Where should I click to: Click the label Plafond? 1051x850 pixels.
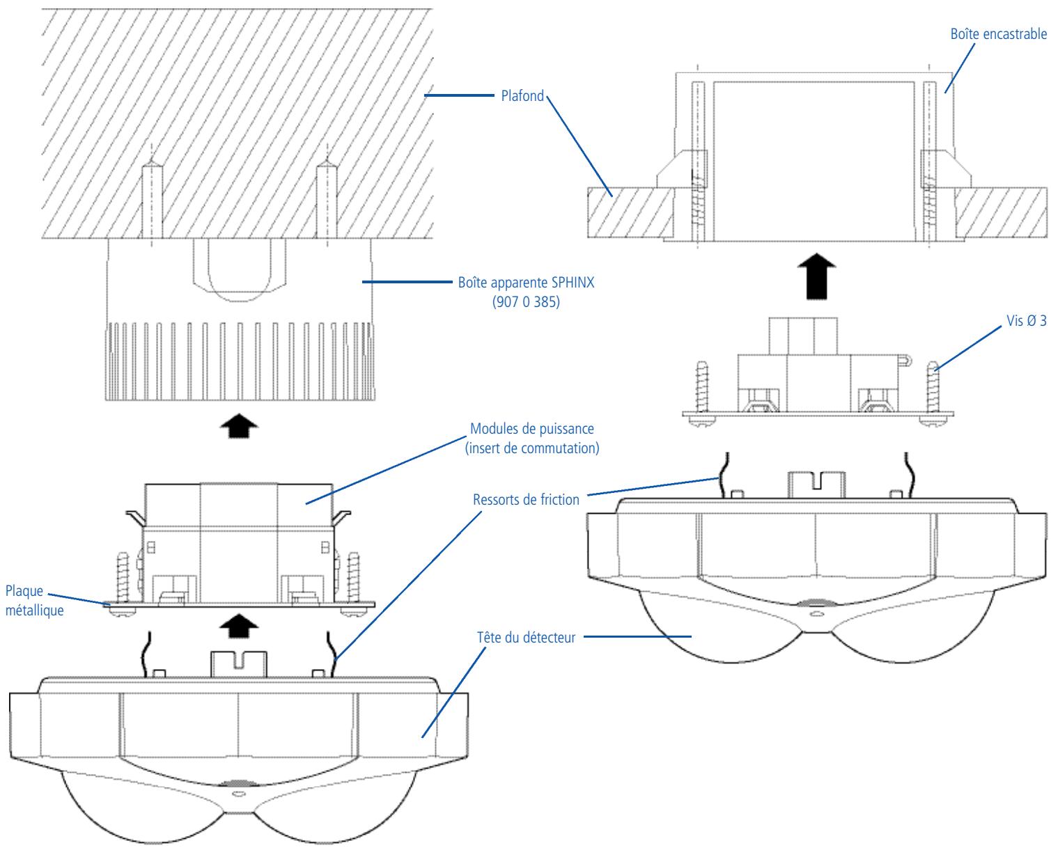(x=522, y=95)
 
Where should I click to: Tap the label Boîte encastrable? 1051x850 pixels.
(x=998, y=34)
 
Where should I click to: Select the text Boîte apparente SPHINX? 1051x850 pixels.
(x=526, y=283)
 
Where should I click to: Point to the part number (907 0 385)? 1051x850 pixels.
(x=526, y=301)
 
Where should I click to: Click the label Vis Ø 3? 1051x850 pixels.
(x=1027, y=321)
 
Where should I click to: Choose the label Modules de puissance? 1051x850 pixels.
(x=532, y=428)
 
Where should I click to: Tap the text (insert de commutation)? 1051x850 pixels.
(x=532, y=448)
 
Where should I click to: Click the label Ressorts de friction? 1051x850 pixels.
(x=526, y=499)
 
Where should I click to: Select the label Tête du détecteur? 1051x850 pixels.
(x=526, y=638)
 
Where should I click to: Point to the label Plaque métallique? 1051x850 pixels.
(x=34, y=601)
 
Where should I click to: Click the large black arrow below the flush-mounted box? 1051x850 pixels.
(x=816, y=276)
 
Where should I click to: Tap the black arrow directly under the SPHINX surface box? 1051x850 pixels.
(x=239, y=426)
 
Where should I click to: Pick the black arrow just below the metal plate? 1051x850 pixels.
(x=239, y=627)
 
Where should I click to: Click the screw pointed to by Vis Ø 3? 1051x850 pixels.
(x=933, y=393)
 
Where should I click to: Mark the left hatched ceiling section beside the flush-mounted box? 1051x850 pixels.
(x=630, y=212)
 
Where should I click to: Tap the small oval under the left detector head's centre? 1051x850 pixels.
(x=239, y=794)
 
